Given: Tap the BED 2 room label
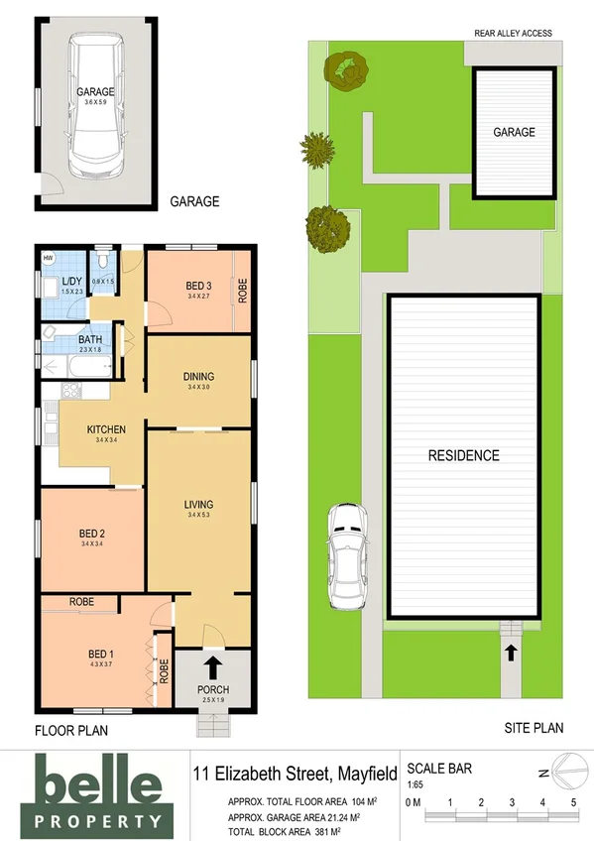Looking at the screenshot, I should [93, 535].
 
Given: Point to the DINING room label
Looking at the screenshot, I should [199, 377].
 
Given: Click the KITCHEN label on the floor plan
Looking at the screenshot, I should [103, 429].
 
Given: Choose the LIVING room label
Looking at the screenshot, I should [198, 505].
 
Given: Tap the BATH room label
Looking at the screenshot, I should [90, 339].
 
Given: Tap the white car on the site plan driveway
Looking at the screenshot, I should [348, 557].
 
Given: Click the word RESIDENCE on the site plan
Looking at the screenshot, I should [463, 456].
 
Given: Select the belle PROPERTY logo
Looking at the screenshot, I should [97, 791].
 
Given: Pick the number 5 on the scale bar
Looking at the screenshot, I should [573, 801].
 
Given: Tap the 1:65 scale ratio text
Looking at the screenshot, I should [416, 782].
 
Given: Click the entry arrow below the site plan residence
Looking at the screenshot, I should [511, 652].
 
